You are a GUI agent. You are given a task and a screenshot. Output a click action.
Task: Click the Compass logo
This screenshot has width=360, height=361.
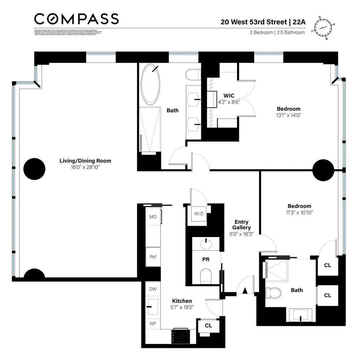coord(76,19)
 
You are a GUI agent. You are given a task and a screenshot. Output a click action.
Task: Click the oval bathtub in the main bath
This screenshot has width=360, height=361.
coord(151,84)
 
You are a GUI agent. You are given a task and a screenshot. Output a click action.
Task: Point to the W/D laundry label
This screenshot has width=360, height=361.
coord(199,214)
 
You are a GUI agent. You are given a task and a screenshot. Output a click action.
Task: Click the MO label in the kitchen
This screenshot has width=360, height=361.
coord(153,217)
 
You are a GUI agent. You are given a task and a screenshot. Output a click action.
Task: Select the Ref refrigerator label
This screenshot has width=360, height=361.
coord(153,257)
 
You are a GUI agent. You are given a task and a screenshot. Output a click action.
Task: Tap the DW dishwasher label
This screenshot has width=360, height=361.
coord(153,289)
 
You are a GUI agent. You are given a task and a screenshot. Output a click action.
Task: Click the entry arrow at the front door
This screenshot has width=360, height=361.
coord(244,291)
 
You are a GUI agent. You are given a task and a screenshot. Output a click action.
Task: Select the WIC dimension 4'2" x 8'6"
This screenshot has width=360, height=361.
coord(229,102)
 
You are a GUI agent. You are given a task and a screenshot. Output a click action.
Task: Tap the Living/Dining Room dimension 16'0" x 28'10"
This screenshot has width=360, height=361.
coord(85,167)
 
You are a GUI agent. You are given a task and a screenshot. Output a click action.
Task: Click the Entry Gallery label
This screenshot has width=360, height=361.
coord(242,225)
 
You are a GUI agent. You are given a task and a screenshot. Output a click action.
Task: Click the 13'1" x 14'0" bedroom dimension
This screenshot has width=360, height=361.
coord(288,115)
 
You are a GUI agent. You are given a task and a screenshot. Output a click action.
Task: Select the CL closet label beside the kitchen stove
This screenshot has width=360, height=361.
coord(208,326)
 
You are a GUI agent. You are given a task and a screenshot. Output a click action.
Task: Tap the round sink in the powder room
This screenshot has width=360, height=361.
coord(206,244)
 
